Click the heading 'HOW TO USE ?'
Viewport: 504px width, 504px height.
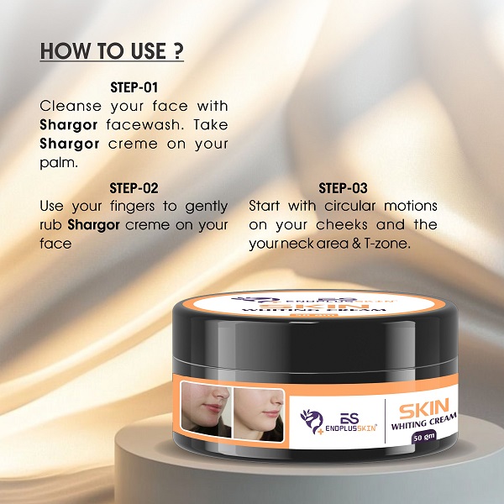112,50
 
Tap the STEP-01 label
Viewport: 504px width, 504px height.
134,87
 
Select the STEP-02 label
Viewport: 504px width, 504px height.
134,188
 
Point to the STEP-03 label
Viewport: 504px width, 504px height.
344,188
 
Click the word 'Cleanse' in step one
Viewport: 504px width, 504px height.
71,107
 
